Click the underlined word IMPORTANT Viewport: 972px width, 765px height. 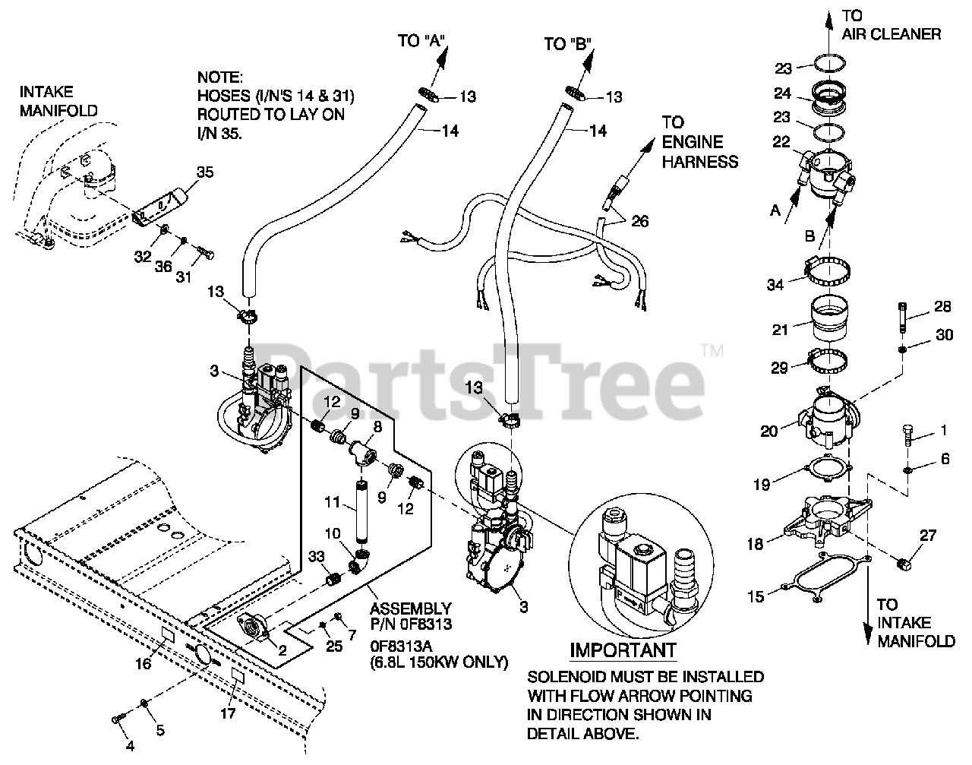623,651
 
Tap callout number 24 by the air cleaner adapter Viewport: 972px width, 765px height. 781,94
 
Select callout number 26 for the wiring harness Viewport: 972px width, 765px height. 639,221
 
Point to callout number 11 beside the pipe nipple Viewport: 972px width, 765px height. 331,503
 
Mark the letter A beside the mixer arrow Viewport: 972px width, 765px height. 775,213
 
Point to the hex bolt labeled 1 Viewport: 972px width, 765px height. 910,438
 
